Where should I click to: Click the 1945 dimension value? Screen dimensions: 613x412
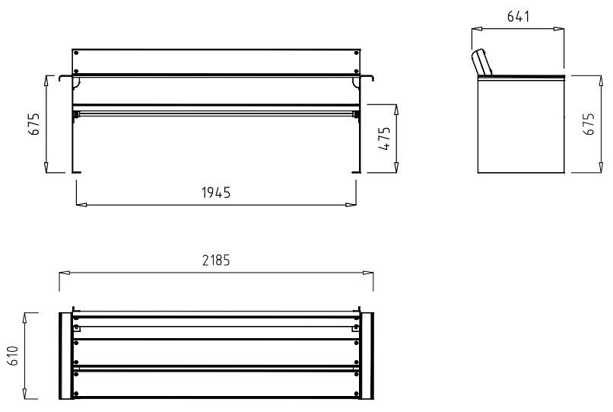coord(216,193)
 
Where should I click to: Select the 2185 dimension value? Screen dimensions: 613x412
coord(216,260)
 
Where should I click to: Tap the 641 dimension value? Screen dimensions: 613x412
coord(518,17)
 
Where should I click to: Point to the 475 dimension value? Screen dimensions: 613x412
coord(385,139)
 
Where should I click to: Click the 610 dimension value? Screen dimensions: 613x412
coord(13,356)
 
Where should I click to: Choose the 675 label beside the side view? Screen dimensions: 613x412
coord(589,124)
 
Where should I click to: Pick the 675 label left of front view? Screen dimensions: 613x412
coord(34,124)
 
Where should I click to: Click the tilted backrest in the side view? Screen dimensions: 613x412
coord(481,62)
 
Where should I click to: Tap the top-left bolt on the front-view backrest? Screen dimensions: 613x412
coord(76,53)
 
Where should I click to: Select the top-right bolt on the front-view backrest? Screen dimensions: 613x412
coord(356,53)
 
